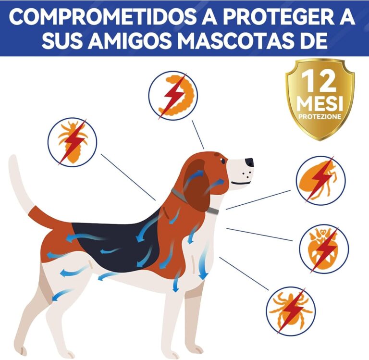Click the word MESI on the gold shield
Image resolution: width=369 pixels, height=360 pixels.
pos(320,103)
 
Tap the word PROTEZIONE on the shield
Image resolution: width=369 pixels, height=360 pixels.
pos(320,116)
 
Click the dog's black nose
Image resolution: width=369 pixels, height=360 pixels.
pos(249,162)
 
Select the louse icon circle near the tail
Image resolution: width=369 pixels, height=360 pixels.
pos(72,142)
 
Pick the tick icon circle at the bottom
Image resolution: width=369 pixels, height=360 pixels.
pos(291,310)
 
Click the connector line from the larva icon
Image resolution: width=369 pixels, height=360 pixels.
pos(198,134)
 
